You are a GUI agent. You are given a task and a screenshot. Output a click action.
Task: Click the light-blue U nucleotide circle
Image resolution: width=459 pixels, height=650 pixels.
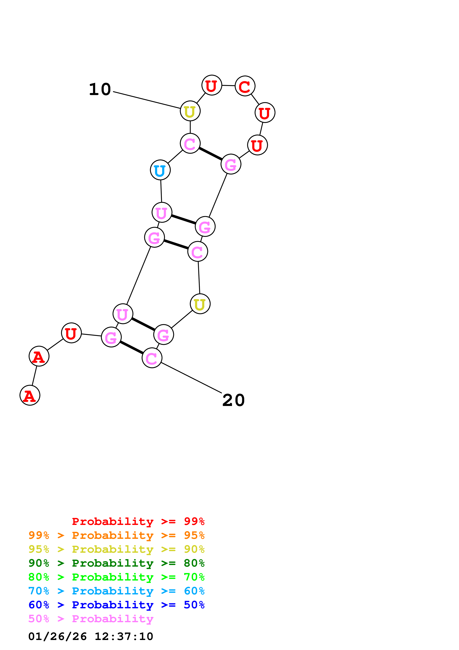(x=160, y=170)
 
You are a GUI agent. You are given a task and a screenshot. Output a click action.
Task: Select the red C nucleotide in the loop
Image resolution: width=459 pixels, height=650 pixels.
(x=245, y=86)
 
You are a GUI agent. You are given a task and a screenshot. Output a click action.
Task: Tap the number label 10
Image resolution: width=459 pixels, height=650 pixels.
(x=100, y=89)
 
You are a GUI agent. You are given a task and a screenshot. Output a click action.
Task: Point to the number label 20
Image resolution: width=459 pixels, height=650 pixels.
(x=233, y=400)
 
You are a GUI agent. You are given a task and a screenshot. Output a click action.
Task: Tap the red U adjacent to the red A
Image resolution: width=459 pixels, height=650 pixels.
(x=71, y=333)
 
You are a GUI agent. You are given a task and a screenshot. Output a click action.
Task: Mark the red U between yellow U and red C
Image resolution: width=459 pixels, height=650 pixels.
(x=212, y=85)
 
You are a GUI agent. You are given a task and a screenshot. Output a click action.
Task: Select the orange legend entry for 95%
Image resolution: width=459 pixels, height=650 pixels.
(x=116, y=535)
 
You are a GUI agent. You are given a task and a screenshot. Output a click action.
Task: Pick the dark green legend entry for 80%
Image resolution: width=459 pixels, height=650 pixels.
(x=116, y=563)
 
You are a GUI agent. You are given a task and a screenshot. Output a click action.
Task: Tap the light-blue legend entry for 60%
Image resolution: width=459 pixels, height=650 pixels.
(x=116, y=591)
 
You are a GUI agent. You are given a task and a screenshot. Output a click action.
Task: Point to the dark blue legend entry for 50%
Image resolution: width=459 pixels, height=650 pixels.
(x=116, y=605)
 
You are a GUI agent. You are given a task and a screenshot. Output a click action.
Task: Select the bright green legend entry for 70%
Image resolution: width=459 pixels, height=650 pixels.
(x=116, y=577)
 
